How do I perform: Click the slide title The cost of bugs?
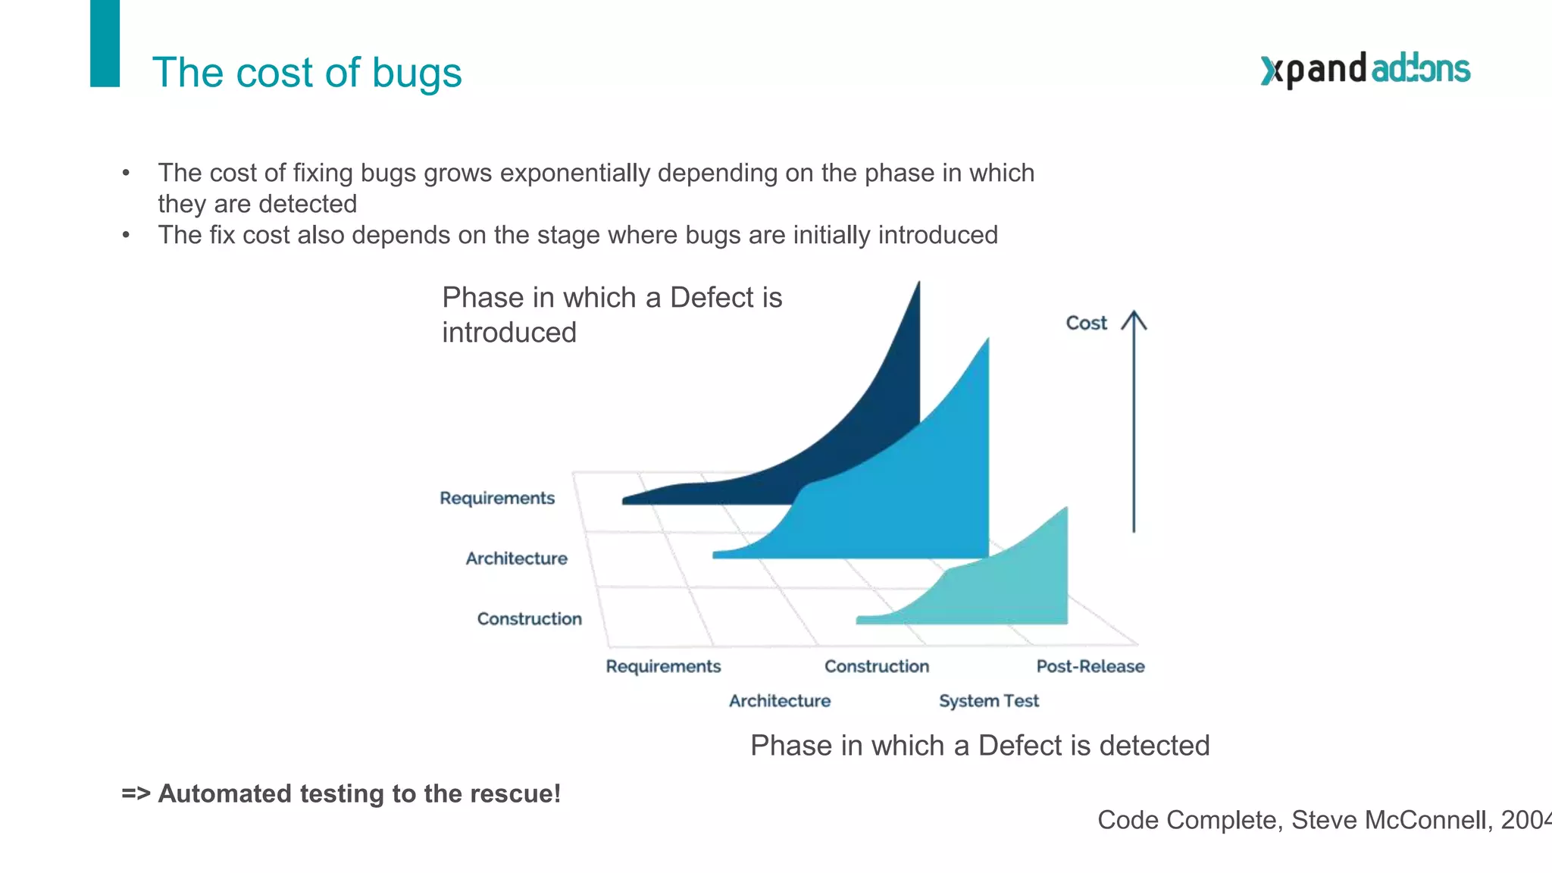[x=307, y=73]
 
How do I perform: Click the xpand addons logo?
[x=1365, y=70]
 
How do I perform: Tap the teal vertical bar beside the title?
[x=105, y=43]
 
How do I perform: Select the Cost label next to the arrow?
[x=1086, y=323]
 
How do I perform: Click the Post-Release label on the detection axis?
[x=1090, y=666]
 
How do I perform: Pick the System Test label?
[x=988, y=701]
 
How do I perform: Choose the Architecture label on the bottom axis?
[x=779, y=701]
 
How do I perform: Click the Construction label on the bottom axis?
[x=876, y=666]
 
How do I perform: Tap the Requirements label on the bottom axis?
[x=663, y=666]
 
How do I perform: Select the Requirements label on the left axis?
[x=497, y=498]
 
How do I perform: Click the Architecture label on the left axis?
[x=516, y=559]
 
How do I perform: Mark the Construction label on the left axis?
[x=529, y=619]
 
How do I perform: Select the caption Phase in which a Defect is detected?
[x=979, y=746]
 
